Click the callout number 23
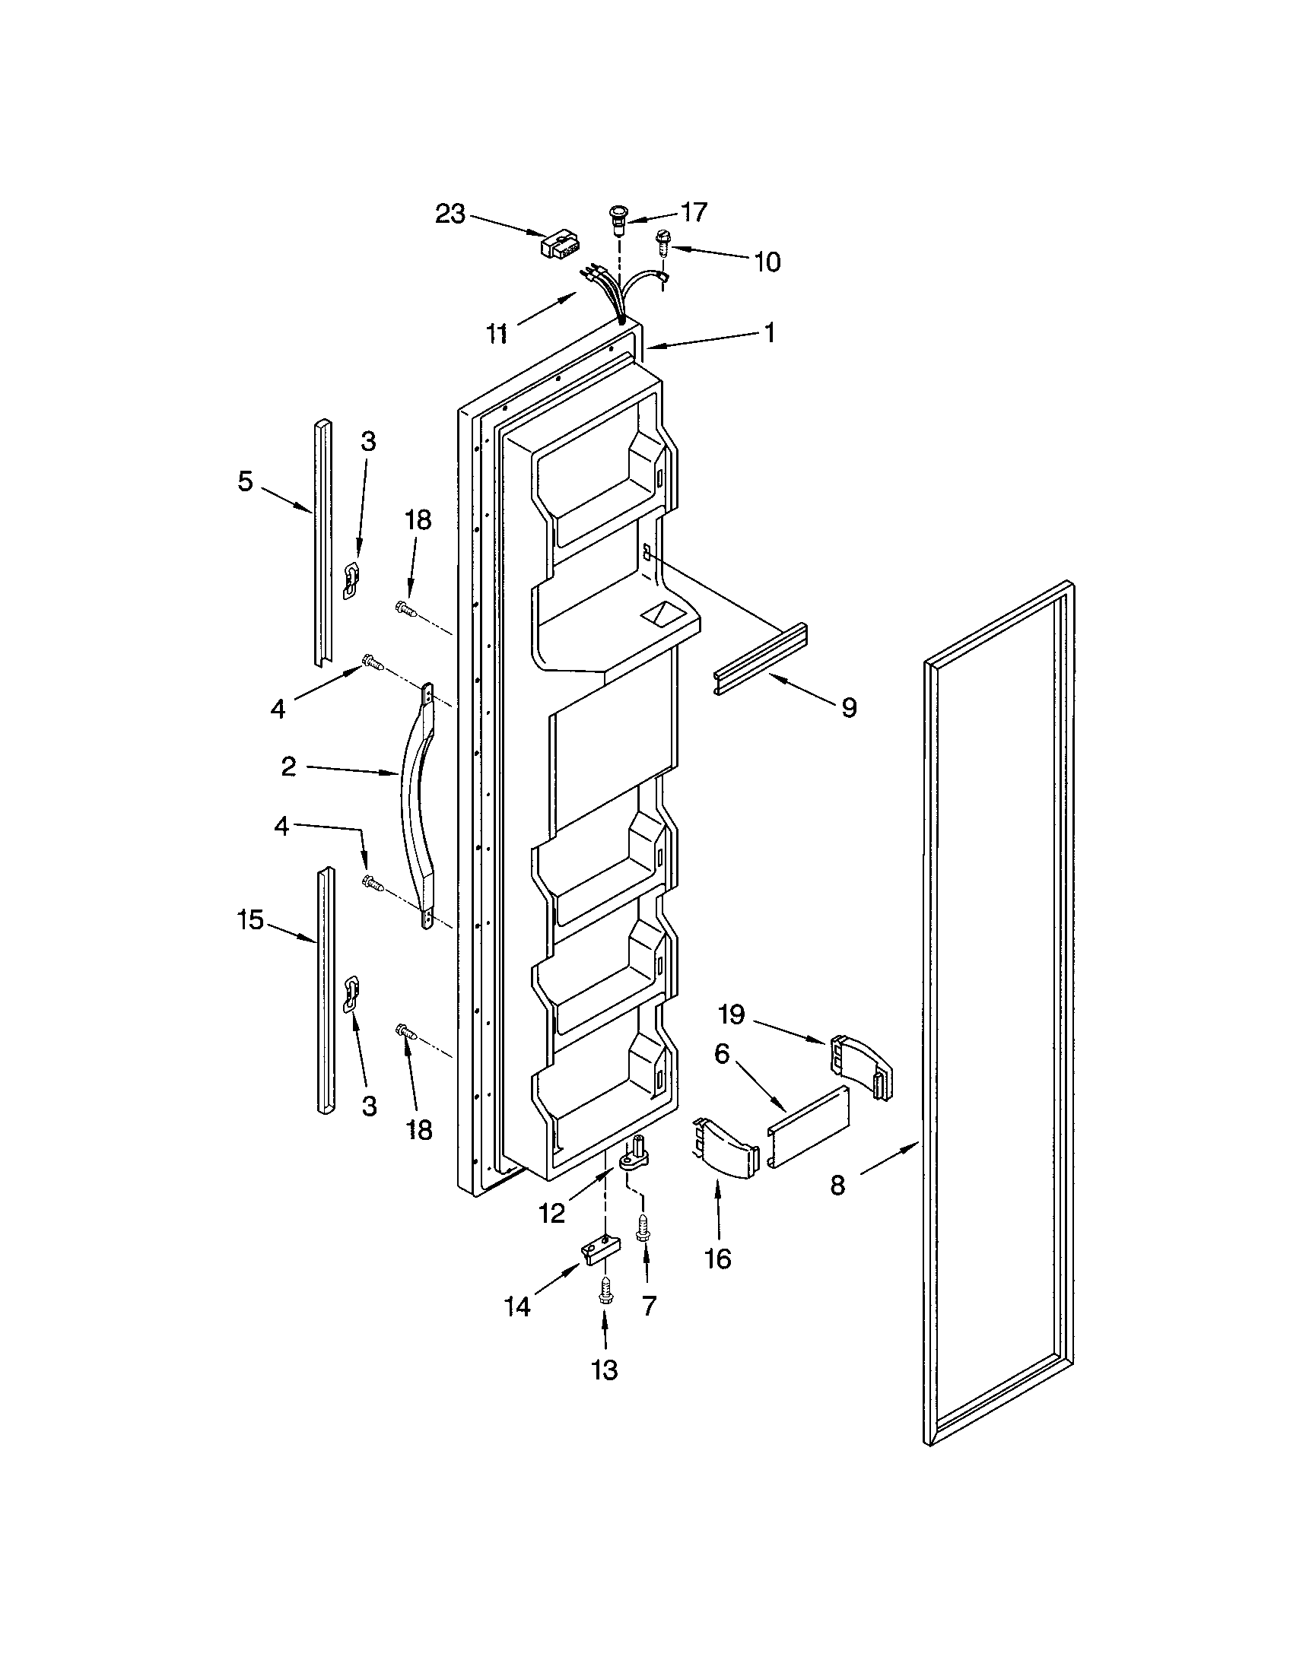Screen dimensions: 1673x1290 pyautogui.click(x=450, y=214)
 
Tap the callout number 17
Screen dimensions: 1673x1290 pyautogui.click(x=694, y=212)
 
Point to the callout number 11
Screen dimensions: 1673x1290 pyautogui.click(x=497, y=333)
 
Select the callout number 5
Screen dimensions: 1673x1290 pyautogui.click(x=244, y=481)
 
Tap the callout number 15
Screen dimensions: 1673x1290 pyautogui.click(x=249, y=919)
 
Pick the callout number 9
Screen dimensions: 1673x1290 pyautogui.click(x=849, y=707)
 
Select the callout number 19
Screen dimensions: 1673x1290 pyautogui.click(x=732, y=1015)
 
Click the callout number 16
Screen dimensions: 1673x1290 pyautogui.click(x=718, y=1258)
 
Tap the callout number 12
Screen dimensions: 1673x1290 pyautogui.click(x=551, y=1213)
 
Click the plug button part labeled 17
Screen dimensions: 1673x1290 pyautogui.click(x=618, y=217)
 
